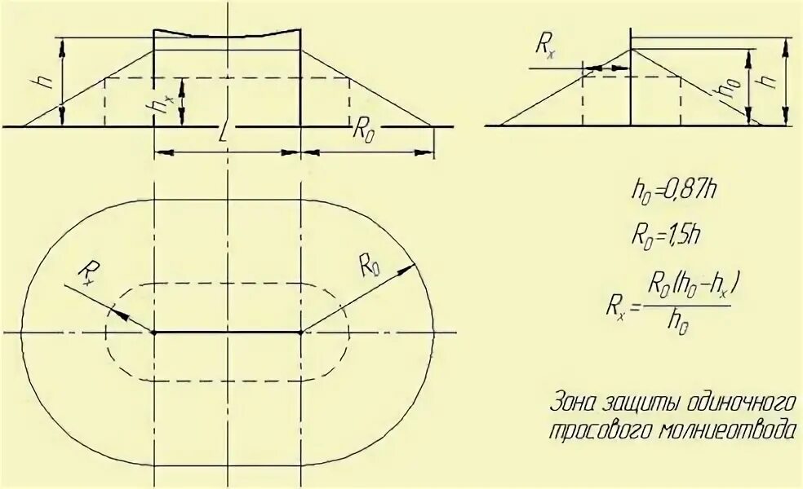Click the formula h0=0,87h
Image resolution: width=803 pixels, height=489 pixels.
(674, 192)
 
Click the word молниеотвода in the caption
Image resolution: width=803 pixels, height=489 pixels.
(737, 430)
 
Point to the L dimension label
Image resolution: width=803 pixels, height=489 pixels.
(224, 134)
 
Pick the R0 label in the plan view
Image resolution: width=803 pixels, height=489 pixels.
(368, 264)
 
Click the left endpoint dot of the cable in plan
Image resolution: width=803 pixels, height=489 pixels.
(154, 333)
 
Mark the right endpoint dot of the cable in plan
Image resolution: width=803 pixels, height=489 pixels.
(302, 333)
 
